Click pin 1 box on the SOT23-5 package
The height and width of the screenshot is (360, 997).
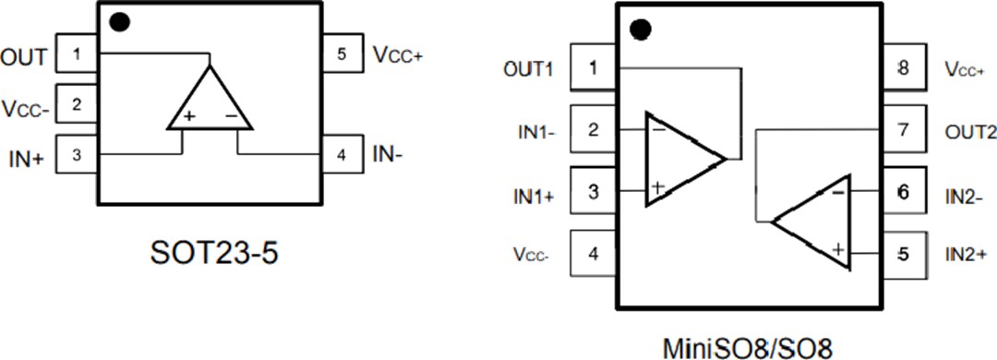78,54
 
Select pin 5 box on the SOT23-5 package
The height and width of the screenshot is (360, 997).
342,55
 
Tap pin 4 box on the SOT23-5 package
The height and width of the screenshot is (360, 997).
342,154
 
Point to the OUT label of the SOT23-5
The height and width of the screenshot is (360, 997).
23,57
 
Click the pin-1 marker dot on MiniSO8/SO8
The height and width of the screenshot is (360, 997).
641,30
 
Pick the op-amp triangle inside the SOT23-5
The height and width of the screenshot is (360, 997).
210,102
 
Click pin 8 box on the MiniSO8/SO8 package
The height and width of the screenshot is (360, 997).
903,68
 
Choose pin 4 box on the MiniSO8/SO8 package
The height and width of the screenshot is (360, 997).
593,252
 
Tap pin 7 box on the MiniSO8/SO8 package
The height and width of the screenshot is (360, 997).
903,131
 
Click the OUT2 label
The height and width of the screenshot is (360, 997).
970,132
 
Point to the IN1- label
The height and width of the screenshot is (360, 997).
535,132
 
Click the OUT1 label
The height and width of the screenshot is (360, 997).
529,69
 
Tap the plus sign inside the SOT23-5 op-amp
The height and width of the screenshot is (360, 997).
189,117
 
